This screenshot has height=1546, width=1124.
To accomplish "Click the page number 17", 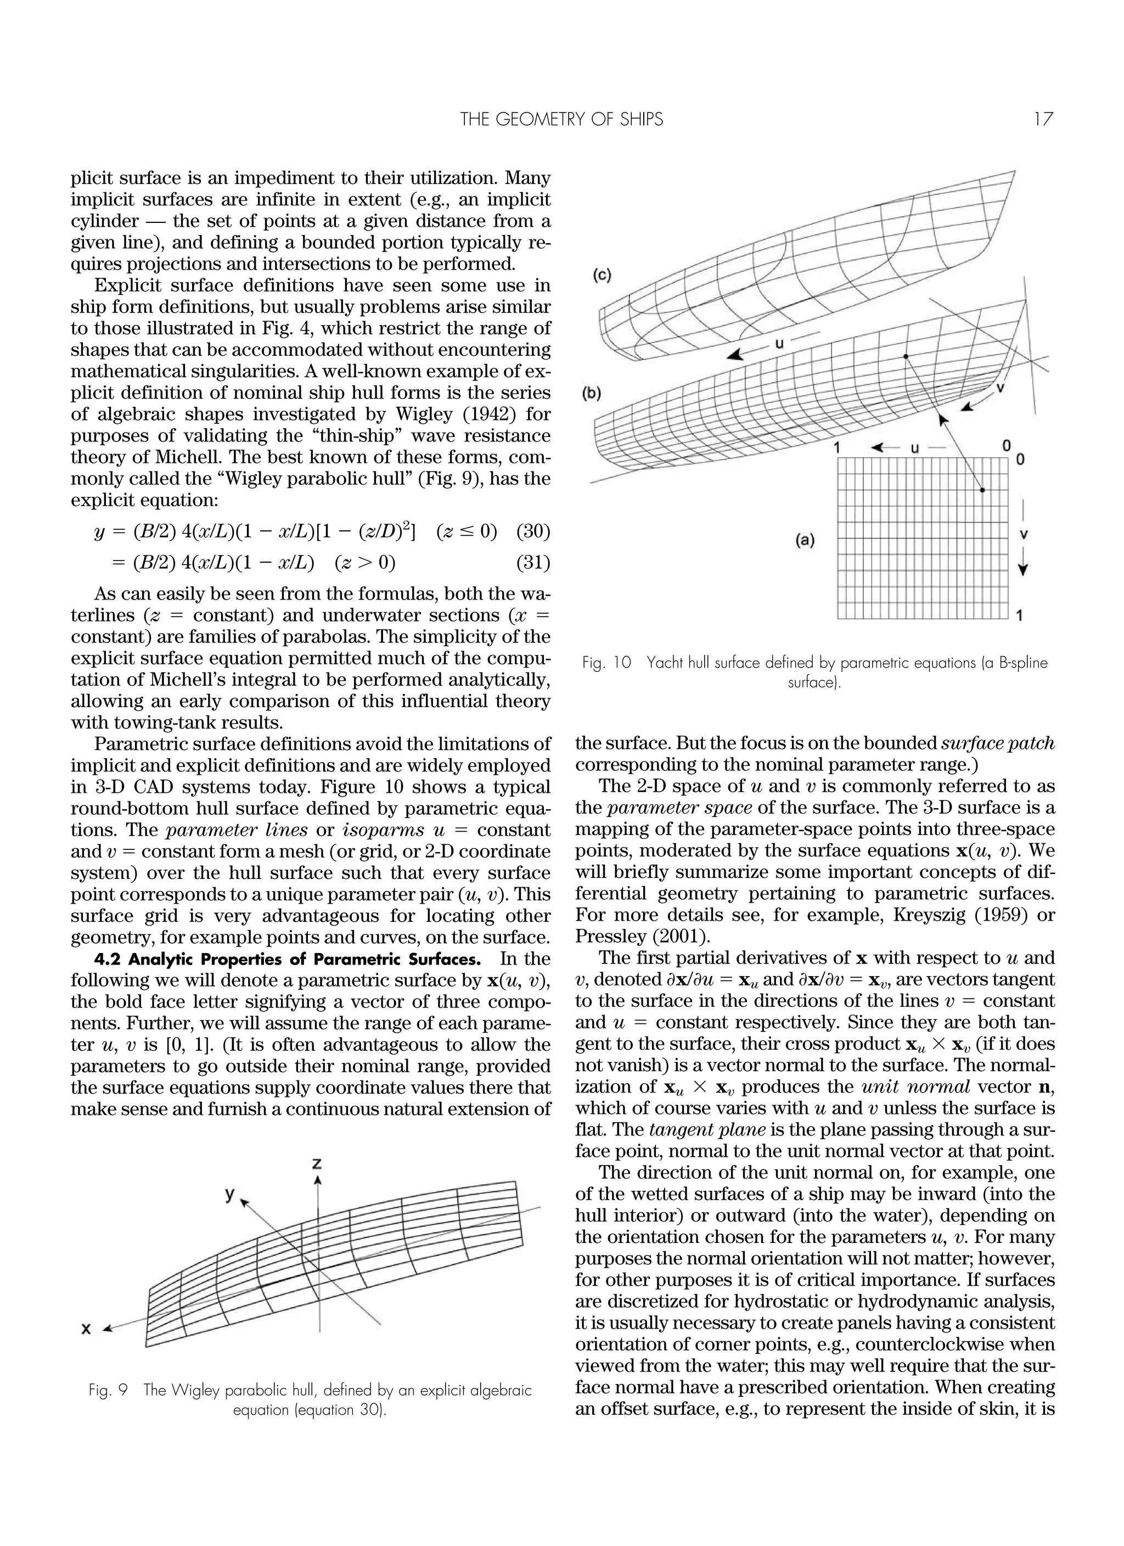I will pyautogui.click(x=1043, y=120).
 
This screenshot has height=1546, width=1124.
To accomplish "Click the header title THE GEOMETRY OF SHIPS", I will pyautogui.click(x=561, y=120).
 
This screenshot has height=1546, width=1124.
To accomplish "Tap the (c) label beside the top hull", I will pyautogui.click(x=601, y=276).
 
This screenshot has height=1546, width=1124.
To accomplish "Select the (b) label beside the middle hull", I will pyautogui.click(x=591, y=394).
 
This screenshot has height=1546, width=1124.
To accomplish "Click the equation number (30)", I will pyautogui.click(x=533, y=531).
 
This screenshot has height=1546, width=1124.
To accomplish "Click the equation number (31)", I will pyautogui.click(x=533, y=563).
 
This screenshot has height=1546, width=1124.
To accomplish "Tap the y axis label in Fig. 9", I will pyautogui.click(x=231, y=1193).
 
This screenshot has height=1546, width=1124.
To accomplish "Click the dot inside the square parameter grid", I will pyautogui.click(x=982, y=490).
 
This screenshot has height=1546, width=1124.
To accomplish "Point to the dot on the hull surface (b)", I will pyautogui.click(x=905, y=356).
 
